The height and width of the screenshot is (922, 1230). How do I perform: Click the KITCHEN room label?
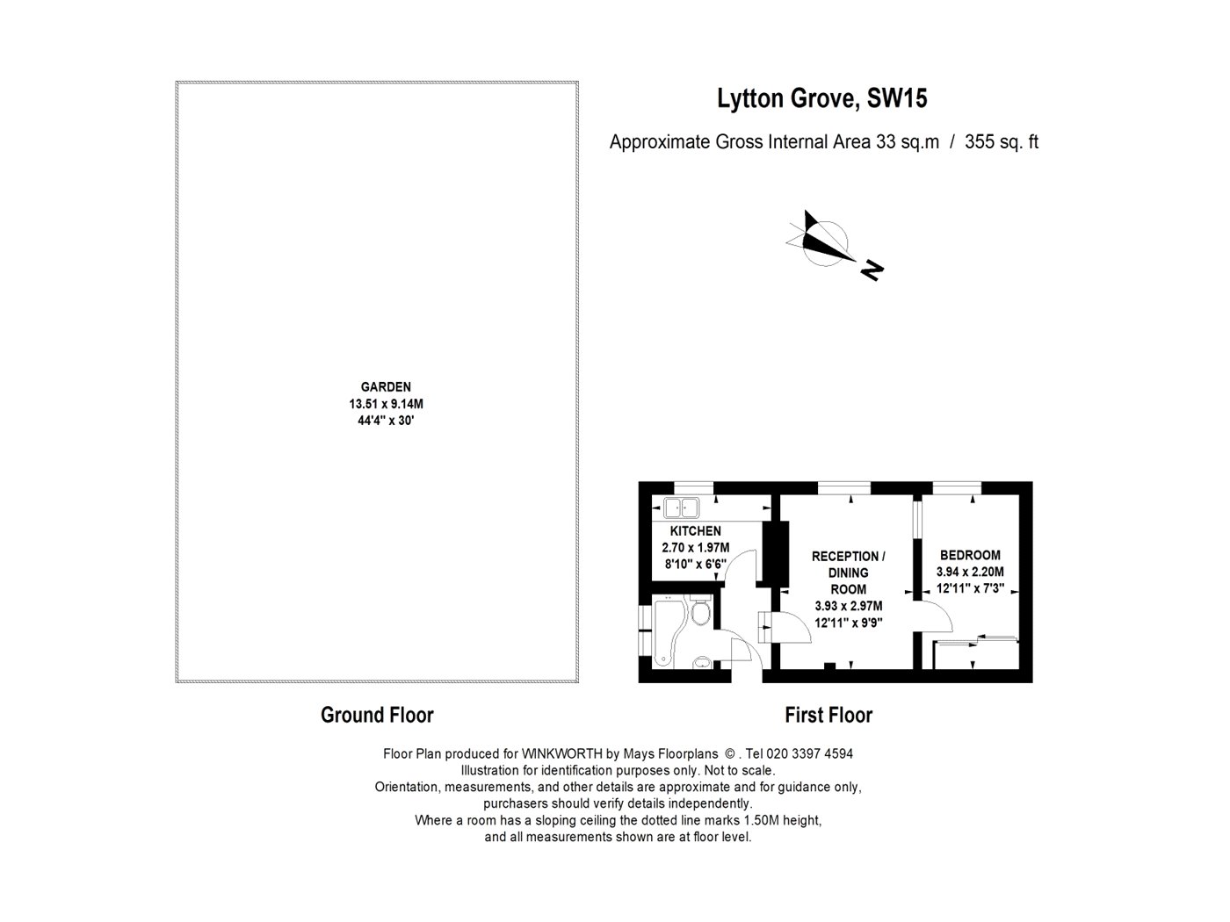tap(695, 530)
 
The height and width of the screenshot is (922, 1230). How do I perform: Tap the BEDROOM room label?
tap(970, 555)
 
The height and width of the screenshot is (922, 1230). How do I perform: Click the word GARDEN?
tap(386, 387)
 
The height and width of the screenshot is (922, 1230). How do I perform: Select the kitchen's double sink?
tap(681, 508)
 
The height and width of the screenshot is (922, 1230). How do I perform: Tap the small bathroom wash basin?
tap(702, 663)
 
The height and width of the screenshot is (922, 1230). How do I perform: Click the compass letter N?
tap(872, 271)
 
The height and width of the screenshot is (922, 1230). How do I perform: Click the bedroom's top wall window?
tap(957, 488)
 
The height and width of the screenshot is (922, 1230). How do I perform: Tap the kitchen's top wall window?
tap(693, 488)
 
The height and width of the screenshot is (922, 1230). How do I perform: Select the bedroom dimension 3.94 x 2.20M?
tap(970, 573)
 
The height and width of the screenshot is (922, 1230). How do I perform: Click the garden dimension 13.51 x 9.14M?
tap(386, 404)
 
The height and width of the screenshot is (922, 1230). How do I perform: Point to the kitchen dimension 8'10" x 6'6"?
tap(696, 565)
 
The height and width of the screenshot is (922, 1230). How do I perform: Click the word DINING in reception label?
tap(849, 573)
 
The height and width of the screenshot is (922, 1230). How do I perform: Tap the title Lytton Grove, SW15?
tap(822, 98)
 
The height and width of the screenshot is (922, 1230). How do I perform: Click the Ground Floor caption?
tap(377, 715)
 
